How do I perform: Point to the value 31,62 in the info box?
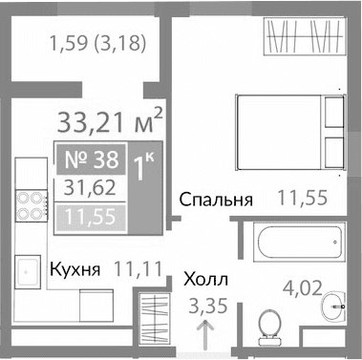(x=87, y=188)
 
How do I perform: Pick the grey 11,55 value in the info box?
(x=87, y=218)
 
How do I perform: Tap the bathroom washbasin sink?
(x=332, y=308)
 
